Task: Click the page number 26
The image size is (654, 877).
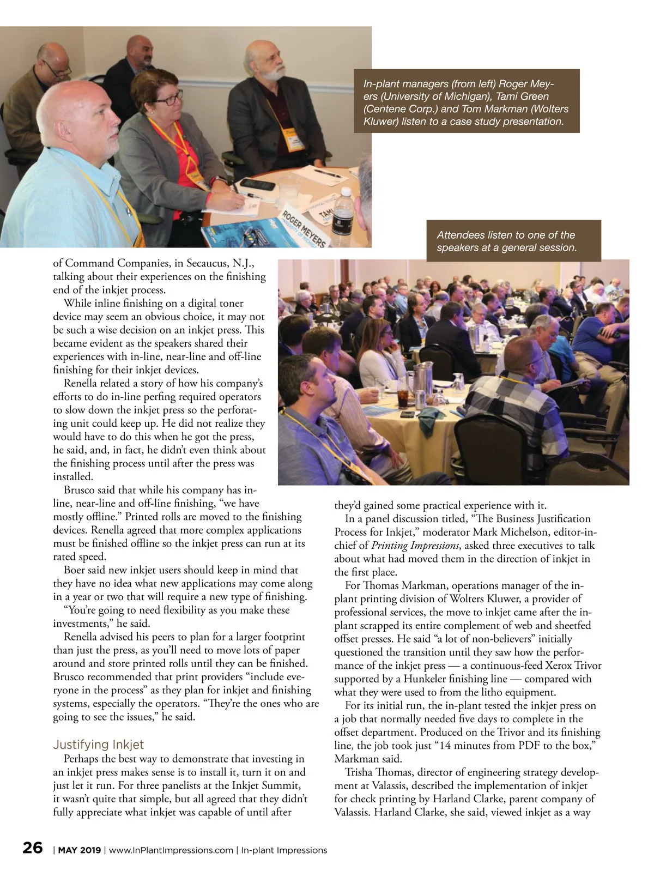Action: (x=32, y=848)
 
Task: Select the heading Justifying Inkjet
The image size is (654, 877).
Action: (x=98, y=745)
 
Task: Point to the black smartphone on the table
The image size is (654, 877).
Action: (x=257, y=184)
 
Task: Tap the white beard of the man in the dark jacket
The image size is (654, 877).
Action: (x=272, y=71)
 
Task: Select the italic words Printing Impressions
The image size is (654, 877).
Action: (x=415, y=546)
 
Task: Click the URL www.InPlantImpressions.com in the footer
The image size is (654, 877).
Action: (x=171, y=850)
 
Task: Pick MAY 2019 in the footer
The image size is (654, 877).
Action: (x=79, y=850)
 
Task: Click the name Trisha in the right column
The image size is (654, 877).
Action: (x=361, y=772)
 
